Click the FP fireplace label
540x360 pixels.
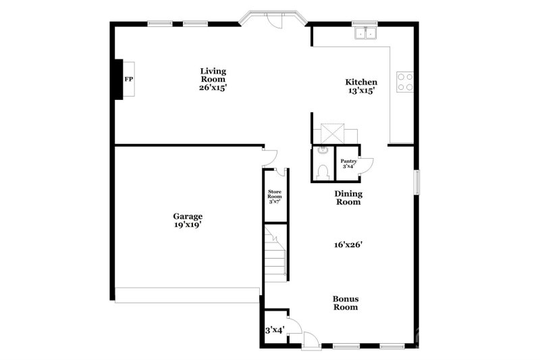[x=128, y=79]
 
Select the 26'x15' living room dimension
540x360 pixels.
[x=213, y=87]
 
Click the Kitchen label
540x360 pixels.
[x=361, y=82]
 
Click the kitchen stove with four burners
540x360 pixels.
[x=404, y=82]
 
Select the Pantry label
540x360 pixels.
[x=348, y=161]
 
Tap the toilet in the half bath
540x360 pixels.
[x=323, y=172]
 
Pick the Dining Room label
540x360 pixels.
[x=348, y=197]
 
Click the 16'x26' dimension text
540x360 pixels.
[x=348, y=245]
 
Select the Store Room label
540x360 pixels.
[x=275, y=196]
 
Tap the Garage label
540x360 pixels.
[x=188, y=216]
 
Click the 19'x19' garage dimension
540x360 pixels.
[x=188, y=226]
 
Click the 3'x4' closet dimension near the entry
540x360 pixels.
[x=274, y=330]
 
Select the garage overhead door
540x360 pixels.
[x=187, y=295]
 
